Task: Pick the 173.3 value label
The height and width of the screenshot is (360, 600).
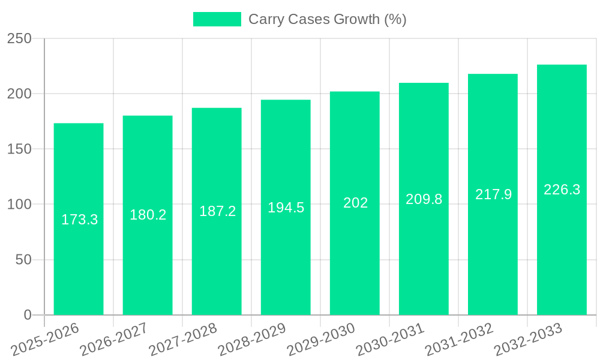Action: tap(79, 220)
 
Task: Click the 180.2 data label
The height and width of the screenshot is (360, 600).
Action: tap(148, 215)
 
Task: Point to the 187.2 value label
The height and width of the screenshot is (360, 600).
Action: tap(217, 211)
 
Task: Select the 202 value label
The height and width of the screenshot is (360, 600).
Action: tap(355, 203)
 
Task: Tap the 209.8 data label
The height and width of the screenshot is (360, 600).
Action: tap(424, 199)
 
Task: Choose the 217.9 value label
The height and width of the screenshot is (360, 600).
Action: tap(493, 194)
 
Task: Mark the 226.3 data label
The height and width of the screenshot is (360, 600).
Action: tap(562, 190)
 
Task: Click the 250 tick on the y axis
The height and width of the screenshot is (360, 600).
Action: tap(19, 38)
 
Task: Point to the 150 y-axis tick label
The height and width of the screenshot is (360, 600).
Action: tap(19, 149)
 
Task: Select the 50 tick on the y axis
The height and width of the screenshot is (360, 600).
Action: tap(24, 260)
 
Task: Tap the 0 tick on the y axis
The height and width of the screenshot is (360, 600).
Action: tap(28, 315)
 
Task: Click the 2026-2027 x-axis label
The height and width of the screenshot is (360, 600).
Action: tap(115, 339)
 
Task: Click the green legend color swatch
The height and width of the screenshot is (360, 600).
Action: tap(217, 19)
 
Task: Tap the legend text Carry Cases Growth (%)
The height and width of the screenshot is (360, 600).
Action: tap(327, 19)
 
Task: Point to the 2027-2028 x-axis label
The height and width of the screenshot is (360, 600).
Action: tap(184, 339)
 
